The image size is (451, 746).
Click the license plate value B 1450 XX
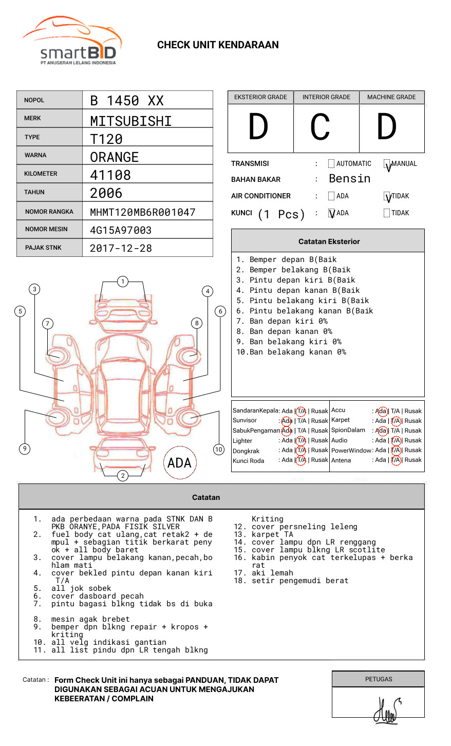tap(127, 101)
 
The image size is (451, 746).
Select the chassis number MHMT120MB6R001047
tap(143, 212)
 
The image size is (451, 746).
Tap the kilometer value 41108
tap(110, 175)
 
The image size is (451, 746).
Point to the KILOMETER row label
tap(41, 174)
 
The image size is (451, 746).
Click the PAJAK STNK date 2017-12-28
tap(121, 248)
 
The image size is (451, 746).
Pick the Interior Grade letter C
tap(320, 127)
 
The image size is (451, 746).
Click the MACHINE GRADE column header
tap(391, 97)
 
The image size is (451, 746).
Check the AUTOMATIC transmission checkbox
tap(331, 164)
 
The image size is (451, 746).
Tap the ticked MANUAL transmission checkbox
tap(387, 164)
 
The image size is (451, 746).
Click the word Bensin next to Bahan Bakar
tap(349, 179)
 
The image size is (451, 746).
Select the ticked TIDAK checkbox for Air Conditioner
tap(387, 196)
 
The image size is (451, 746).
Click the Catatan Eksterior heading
tap(329, 241)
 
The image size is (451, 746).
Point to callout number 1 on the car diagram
tap(122, 281)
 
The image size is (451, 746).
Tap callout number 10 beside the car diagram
tap(219, 450)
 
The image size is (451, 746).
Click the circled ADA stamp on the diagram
tap(179, 463)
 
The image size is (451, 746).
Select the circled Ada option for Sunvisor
tap(287, 421)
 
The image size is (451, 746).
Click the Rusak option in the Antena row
tap(413, 460)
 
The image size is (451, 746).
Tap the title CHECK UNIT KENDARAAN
tap(218, 45)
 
